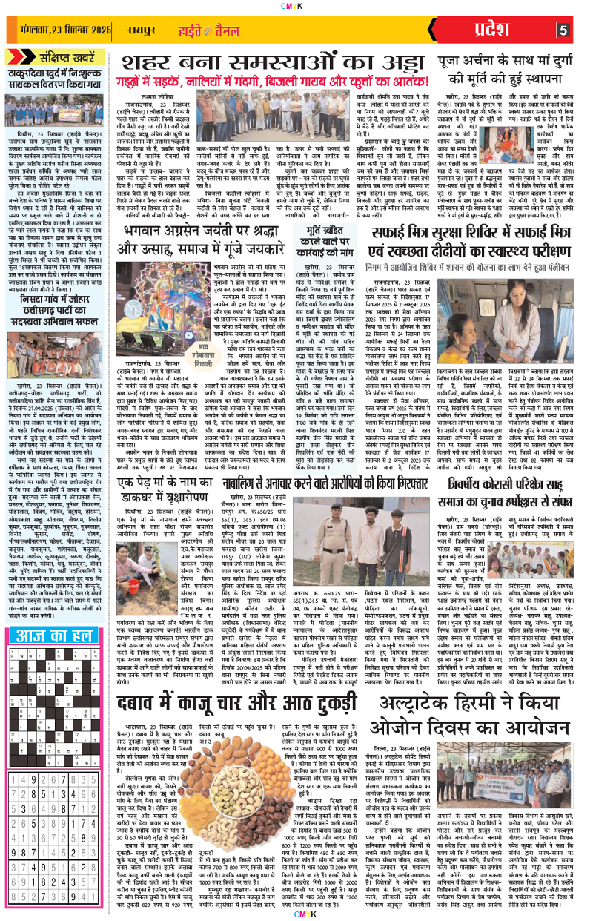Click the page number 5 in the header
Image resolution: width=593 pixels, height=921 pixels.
click(563, 30)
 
